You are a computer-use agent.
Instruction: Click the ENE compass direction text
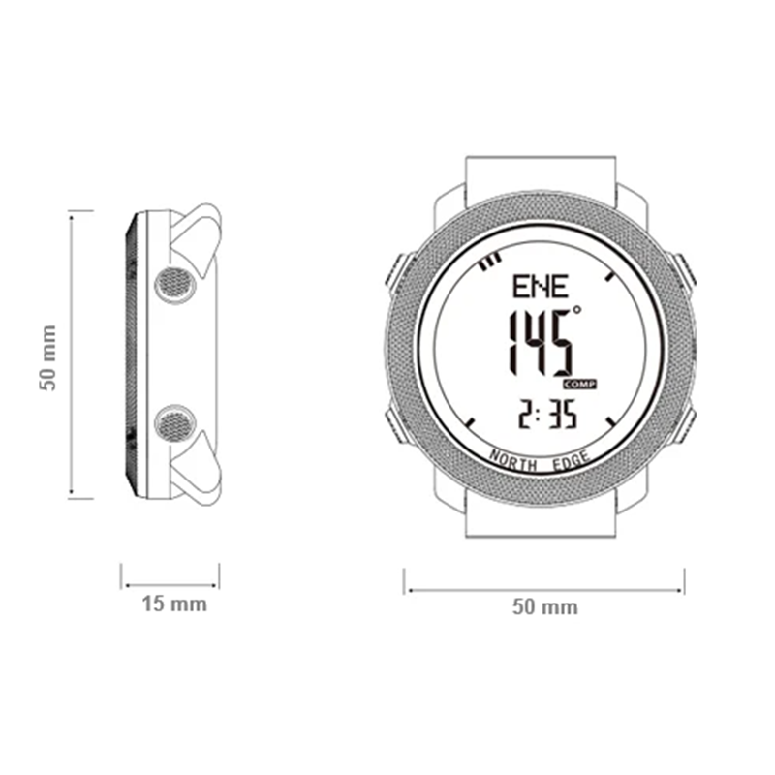(541, 286)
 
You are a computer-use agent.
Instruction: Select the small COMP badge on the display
(579, 384)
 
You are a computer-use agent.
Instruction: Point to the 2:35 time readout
(547, 415)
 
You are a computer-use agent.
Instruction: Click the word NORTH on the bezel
(513, 461)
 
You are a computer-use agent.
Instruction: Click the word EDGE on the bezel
(571, 461)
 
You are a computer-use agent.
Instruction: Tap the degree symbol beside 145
(576, 311)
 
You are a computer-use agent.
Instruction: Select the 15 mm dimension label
(174, 604)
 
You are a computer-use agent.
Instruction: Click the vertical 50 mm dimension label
(47, 357)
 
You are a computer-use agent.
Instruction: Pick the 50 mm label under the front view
(544, 606)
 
